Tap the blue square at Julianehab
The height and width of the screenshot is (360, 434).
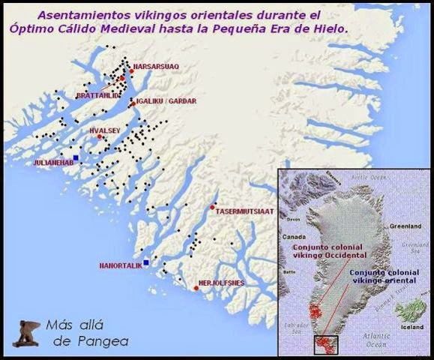[x=76, y=156]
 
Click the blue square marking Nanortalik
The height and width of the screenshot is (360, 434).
[x=146, y=262]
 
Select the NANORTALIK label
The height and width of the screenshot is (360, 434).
[x=120, y=265]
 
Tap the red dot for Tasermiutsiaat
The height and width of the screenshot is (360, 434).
[x=213, y=206]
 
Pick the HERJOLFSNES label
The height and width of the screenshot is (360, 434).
[x=222, y=283]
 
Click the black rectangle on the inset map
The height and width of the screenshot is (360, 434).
[x=325, y=343]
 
